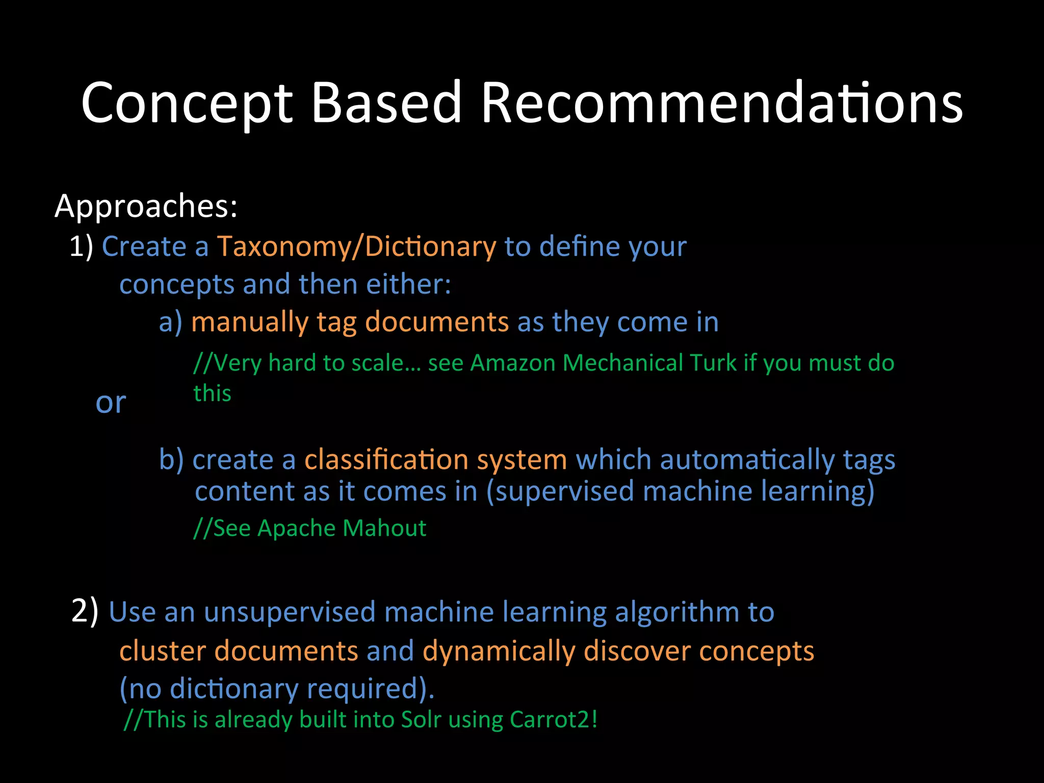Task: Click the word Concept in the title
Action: [x=187, y=103]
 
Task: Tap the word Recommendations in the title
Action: [x=721, y=103]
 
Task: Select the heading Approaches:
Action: [x=146, y=206]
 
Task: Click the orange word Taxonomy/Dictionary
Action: [x=356, y=247]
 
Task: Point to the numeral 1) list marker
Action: [x=82, y=247]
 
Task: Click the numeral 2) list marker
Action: [x=85, y=611]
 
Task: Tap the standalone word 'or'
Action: [x=111, y=403]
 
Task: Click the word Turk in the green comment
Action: [x=713, y=363]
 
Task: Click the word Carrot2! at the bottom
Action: [x=553, y=720]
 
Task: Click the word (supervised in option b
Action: [x=560, y=492]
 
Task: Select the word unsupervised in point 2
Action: [x=290, y=612]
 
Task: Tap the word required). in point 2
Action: [x=371, y=689]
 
